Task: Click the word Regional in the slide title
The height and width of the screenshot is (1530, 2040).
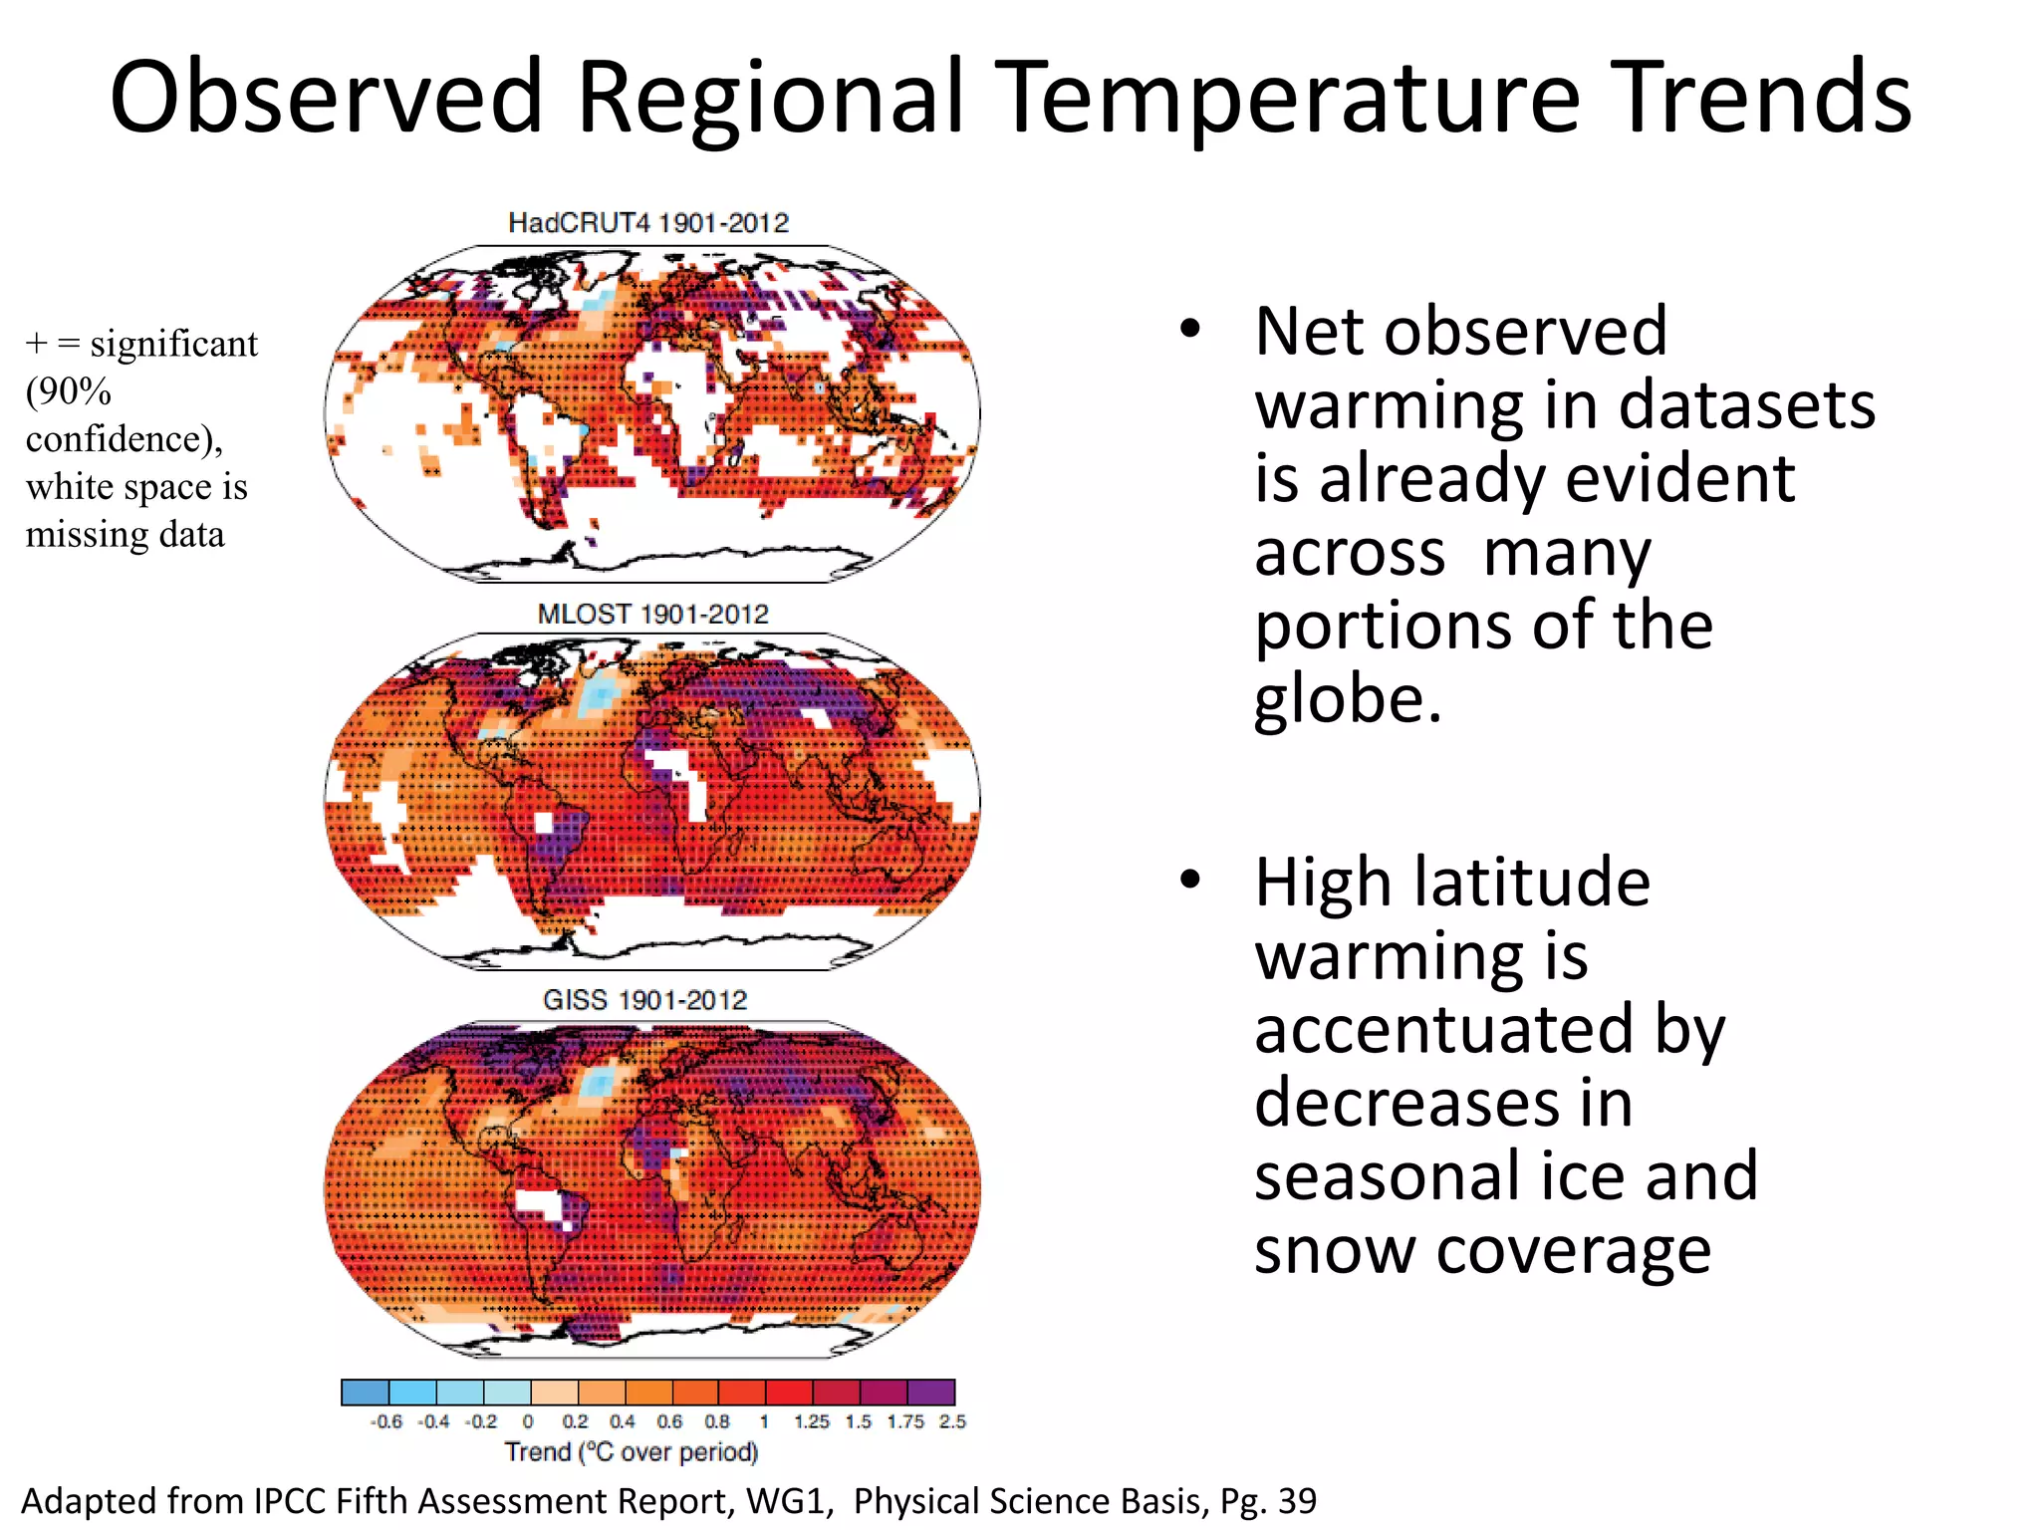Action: (x=771, y=98)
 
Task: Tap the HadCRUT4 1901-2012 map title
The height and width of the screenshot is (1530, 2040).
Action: (x=648, y=223)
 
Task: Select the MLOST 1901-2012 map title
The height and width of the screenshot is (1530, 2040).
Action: (x=652, y=614)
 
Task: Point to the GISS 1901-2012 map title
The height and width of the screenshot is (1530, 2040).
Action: (x=644, y=1000)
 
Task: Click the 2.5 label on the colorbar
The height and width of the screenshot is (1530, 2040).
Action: (x=952, y=1421)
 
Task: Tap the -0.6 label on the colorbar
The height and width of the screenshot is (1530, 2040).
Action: (x=385, y=1421)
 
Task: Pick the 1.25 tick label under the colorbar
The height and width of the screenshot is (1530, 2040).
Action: (x=811, y=1421)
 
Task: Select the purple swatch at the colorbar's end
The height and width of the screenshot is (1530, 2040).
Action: (x=931, y=1392)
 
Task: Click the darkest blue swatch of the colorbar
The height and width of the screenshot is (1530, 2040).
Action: (x=365, y=1392)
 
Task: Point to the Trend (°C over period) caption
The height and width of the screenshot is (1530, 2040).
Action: (x=631, y=1452)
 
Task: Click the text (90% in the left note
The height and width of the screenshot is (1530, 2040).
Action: (x=68, y=391)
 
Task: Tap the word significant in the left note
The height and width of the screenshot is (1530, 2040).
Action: (x=173, y=344)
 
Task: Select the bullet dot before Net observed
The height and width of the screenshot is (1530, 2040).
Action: (x=1189, y=330)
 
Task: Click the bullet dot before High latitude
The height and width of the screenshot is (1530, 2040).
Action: (x=1189, y=880)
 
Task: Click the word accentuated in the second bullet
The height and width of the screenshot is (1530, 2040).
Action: (x=1443, y=1029)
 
